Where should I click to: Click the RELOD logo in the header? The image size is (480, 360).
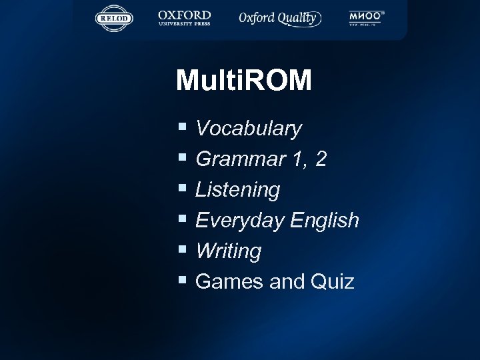[x=115, y=18]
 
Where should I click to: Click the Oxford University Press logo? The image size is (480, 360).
[x=184, y=18]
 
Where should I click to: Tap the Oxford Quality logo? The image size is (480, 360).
[x=280, y=18]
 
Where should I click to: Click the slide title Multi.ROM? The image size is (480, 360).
[x=244, y=81]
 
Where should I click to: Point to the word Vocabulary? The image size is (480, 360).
[x=249, y=128]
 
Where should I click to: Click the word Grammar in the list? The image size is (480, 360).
[x=238, y=159]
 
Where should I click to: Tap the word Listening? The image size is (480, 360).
[x=237, y=189]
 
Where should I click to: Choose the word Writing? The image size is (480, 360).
[x=229, y=251]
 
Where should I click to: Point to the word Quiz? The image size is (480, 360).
[x=332, y=281]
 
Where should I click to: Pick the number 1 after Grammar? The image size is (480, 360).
[x=296, y=159]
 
